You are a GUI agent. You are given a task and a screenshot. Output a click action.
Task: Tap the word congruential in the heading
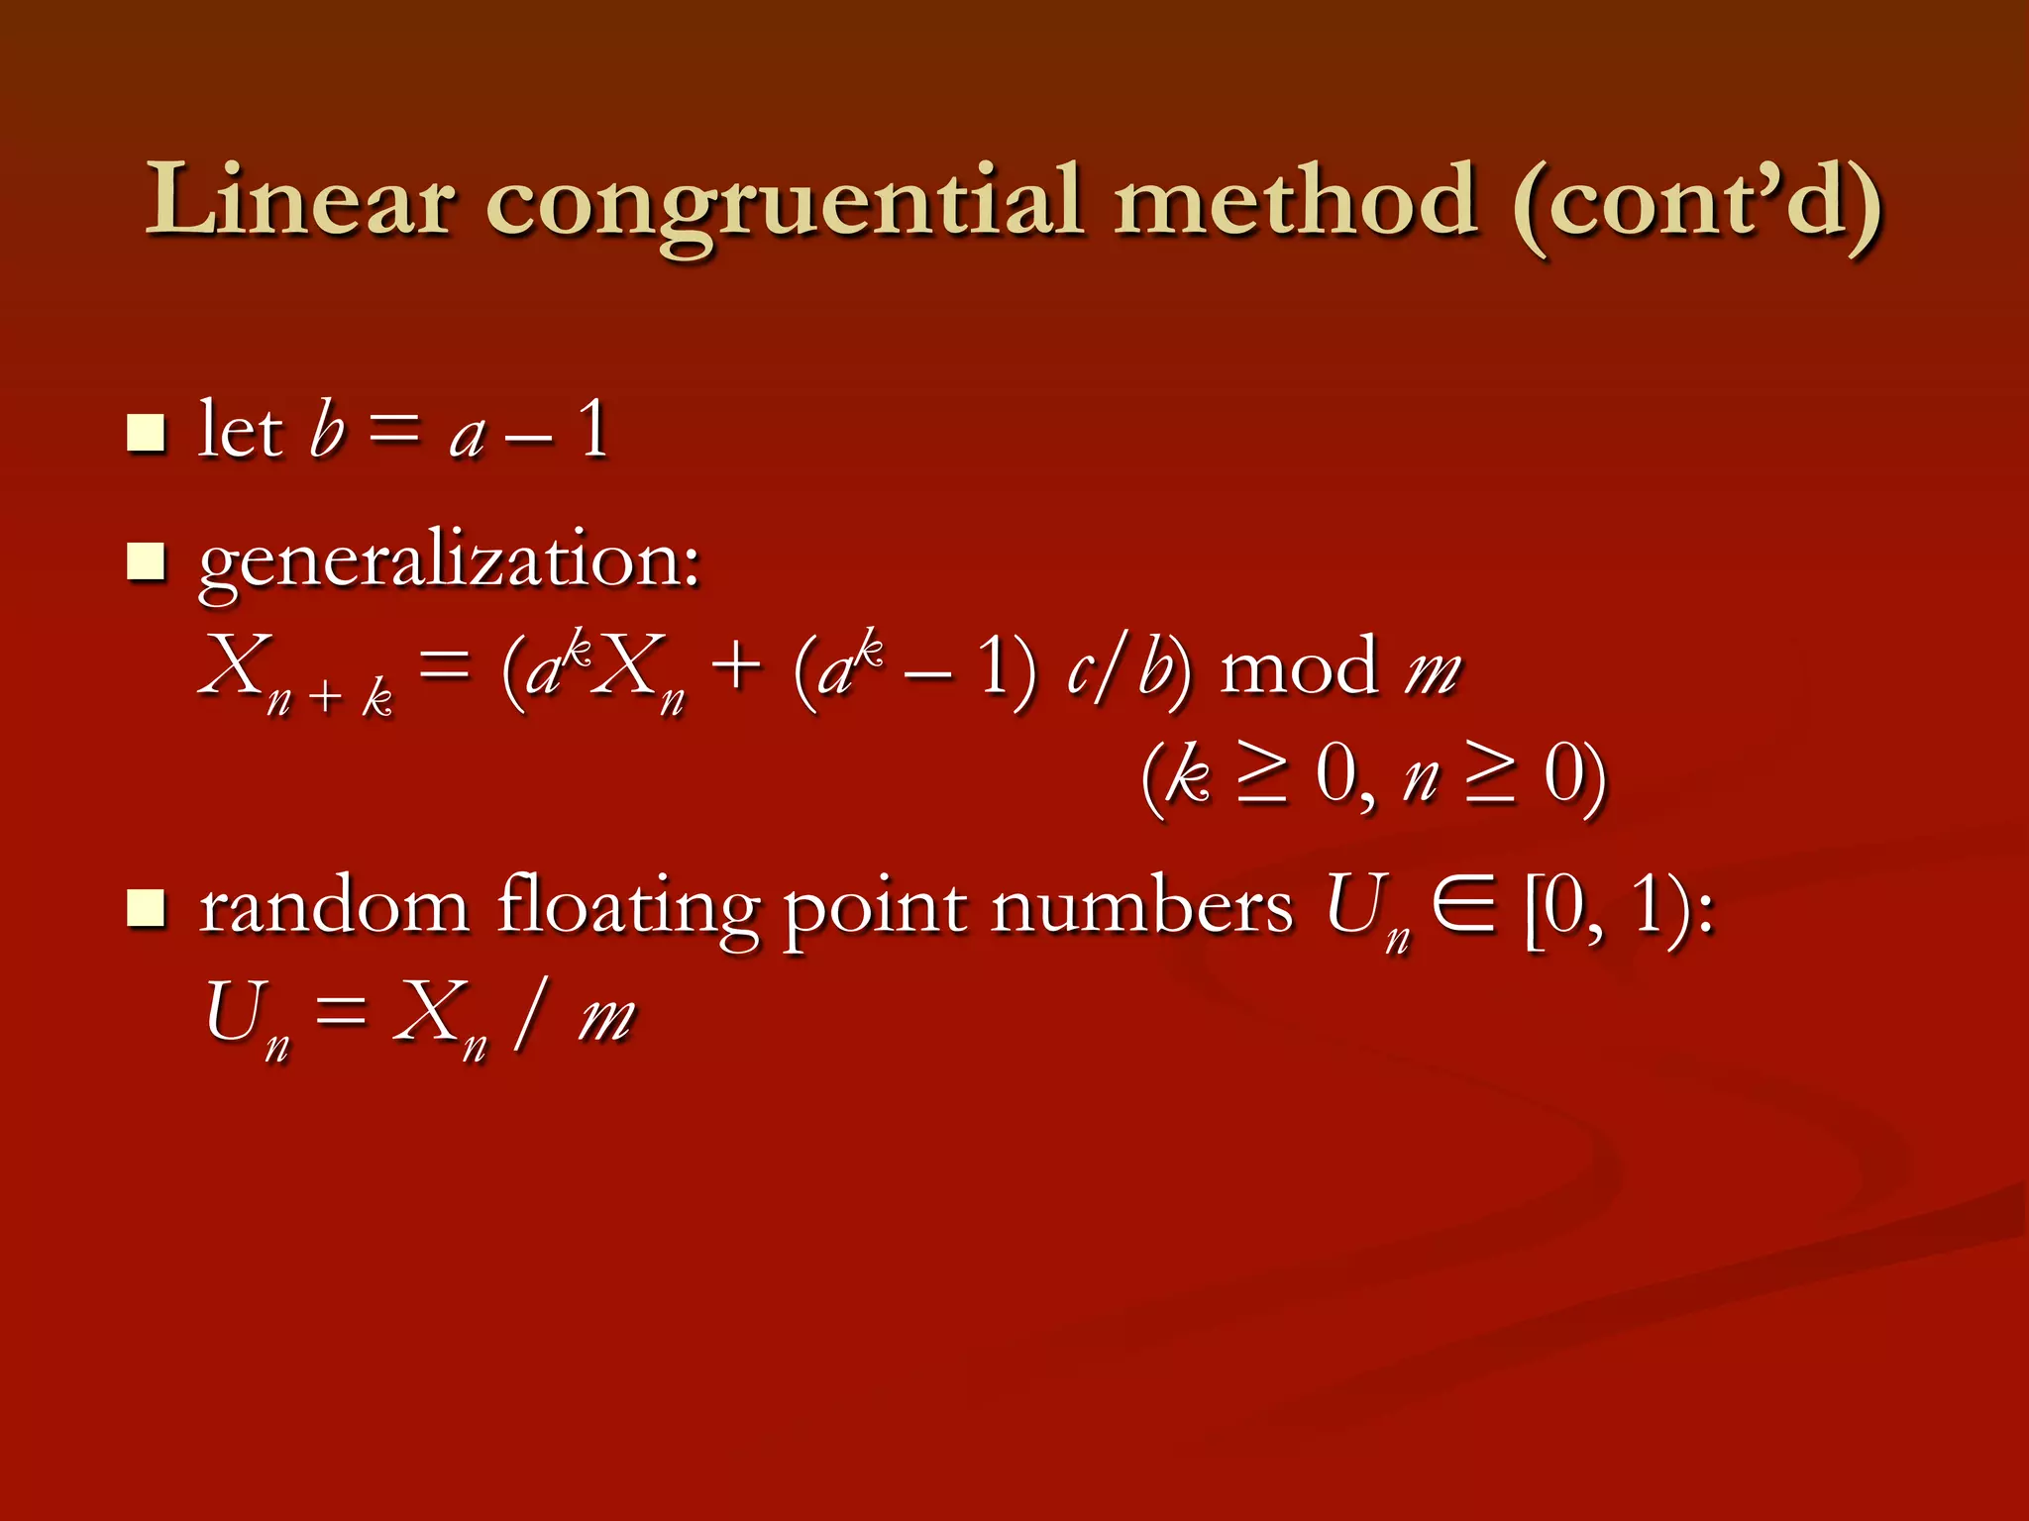(x=784, y=203)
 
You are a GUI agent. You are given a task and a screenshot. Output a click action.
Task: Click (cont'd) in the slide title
(x=1696, y=203)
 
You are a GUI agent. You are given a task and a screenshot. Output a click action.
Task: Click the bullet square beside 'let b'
(x=146, y=433)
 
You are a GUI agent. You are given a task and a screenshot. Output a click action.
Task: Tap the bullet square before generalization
(x=146, y=560)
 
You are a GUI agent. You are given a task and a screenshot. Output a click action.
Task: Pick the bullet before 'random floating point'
(x=146, y=907)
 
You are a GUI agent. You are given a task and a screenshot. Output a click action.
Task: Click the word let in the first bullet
(x=241, y=430)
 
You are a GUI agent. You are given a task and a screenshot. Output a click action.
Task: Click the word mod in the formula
(x=1299, y=666)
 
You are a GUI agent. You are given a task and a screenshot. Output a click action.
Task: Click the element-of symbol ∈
(x=1463, y=906)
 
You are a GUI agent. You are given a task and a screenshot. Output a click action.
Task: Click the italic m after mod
(x=1434, y=670)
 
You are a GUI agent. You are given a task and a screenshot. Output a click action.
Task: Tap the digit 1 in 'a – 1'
(x=593, y=430)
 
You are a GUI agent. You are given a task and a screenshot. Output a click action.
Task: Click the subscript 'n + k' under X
(x=330, y=699)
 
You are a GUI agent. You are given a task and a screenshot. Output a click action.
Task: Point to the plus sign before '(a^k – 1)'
(x=736, y=665)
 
